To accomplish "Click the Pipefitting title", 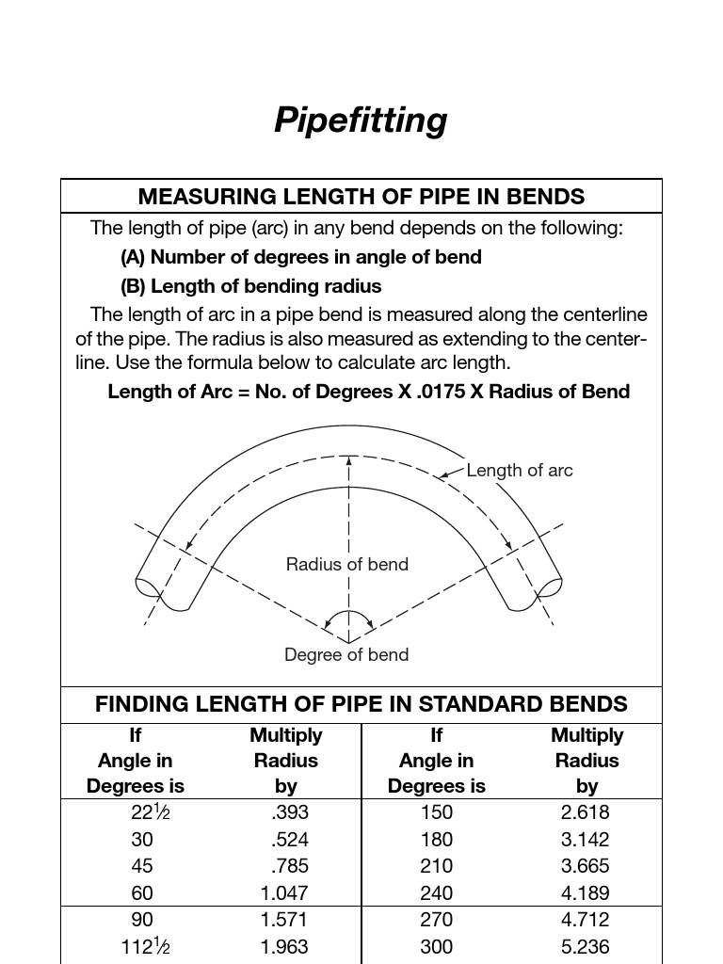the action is [x=361, y=120].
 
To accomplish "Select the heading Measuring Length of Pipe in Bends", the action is [x=361, y=197].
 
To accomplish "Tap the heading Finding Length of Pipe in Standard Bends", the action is [x=361, y=704].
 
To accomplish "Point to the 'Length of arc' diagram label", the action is [x=519, y=471].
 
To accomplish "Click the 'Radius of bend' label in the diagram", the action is [x=346, y=565].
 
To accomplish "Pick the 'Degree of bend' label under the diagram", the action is [x=346, y=655].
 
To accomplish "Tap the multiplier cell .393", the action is [x=289, y=812].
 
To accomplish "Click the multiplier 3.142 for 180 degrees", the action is [x=585, y=840].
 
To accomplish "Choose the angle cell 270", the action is [x=436, y=920].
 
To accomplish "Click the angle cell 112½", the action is [x=148, y=946].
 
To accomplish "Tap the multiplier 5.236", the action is [x=585, y=947].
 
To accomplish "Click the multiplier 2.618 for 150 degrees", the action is [x=585, y=812].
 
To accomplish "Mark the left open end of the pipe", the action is [x=148, y=586].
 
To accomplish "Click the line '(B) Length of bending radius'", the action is [x=251, y=286].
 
